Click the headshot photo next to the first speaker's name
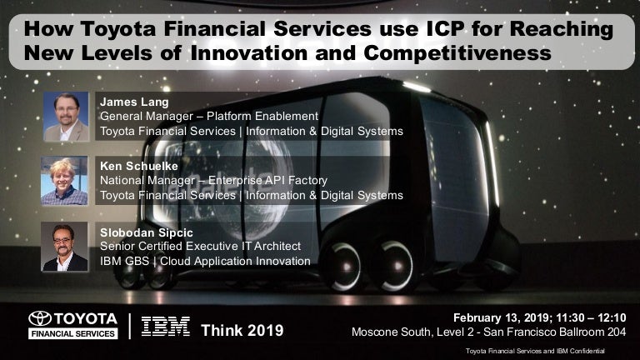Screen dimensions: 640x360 click(x=66, y=117)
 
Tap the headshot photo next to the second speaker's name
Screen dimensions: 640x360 click(x=64, y=180)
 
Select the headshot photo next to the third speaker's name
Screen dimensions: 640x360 click(x=64, y=247)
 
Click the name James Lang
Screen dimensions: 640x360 click(x=134, y=102)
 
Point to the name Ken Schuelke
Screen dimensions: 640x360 click(x=139, y=166)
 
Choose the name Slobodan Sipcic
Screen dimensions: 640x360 click(x=147, y=232)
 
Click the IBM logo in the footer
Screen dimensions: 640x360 click(x=166, y=327)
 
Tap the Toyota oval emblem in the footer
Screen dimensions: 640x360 click(x=40, y=318)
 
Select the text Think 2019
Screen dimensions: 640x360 click(x=242, y=330)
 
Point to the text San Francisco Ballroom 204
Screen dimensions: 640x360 click(x=555, y=332)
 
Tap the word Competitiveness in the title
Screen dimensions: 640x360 click(x=457, y=53)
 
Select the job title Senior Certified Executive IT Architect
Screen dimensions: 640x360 click(x=200, y=246)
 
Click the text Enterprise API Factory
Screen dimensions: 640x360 click(x=267, y=180)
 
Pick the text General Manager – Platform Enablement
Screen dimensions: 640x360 click(x=209, y=117)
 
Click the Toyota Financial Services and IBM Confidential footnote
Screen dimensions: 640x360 click(x=535, y=351)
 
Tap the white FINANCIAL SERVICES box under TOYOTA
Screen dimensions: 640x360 click(x=73, y=333)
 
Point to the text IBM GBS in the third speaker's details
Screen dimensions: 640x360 click(x=124, y=261)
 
